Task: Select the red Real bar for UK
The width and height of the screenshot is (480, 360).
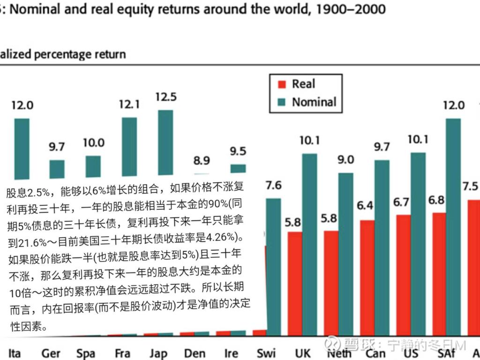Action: [295, 281]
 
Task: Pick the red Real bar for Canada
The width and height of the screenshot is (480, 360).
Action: [367, 277]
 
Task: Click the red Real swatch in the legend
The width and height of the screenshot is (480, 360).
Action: [282, 84]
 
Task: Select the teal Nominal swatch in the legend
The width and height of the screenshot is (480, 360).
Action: [282, 102]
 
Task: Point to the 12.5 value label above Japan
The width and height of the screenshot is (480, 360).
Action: [166, 97]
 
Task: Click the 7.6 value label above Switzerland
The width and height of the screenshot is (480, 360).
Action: [273, 185]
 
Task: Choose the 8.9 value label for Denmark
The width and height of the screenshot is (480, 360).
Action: [202, 161]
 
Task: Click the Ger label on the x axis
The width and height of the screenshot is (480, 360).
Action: [51, 353]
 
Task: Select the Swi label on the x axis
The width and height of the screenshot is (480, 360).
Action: [266, 353]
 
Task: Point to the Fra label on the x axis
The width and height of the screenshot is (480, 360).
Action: [122, 353]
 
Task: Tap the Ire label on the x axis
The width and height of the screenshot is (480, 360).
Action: [231, 353]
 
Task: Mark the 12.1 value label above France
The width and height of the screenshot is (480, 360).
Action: [129, 105]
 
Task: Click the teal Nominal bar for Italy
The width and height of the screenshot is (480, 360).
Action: [22, 148]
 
